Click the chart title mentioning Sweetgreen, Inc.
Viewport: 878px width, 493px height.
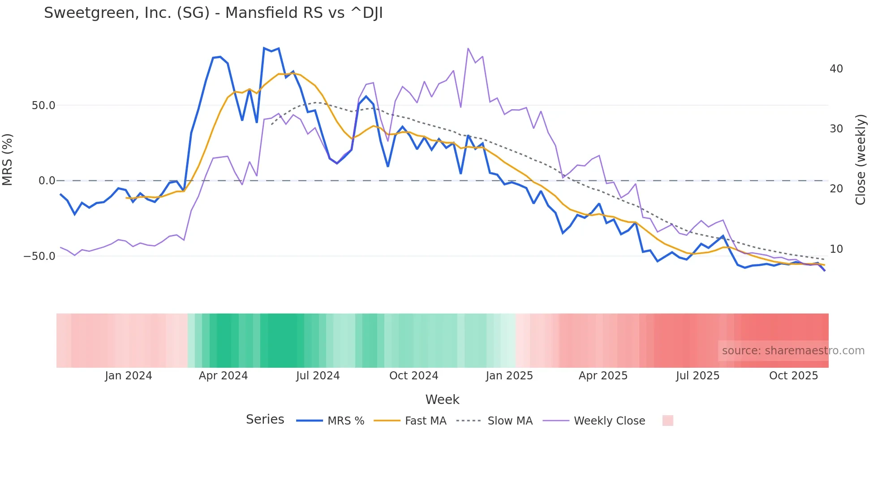(x=213, y=13)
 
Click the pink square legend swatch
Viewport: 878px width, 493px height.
(x=667, y=421)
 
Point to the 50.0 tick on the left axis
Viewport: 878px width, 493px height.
(x=43, y=106)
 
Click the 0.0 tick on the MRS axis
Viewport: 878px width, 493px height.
(x=47, y=181)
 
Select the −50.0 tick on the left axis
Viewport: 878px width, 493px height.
(x=39, y=256)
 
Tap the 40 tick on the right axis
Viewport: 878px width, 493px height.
(x=836, y=69)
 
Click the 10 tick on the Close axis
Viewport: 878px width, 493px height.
(x=836, y=249)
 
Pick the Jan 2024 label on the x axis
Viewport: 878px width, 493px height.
(x=129, y=376)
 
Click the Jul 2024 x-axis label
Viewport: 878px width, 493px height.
(x=318, y=376)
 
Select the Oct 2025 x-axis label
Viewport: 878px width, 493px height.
(x=793, y=376)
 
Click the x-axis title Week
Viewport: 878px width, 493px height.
(x=442, y=399)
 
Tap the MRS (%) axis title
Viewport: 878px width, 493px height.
(x=8, y=159)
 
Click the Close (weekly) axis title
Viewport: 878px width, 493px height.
(x=860, y=159)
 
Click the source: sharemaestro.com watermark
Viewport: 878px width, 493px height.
(x=793, y=351)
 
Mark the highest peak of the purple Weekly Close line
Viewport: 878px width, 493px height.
(x=468, y=48)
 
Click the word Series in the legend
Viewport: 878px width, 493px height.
(x=265, y=420)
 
